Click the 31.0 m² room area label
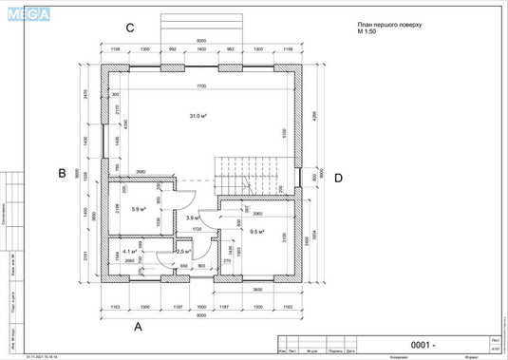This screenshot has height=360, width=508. [x=198, y=116]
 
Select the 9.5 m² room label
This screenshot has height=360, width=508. [x=255, y=231]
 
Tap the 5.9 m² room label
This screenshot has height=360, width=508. [x=139, y=209]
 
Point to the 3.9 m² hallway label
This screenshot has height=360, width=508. [x=191, y=218]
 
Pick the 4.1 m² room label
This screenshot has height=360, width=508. [x=130, y=252]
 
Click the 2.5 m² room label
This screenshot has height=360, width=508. [x=158, y=252]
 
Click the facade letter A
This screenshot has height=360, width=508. [x=139, y=325]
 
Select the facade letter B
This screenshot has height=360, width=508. [x=61, y=173]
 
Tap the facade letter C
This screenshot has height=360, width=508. [x=130, y=28]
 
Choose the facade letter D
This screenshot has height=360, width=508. [x=337, y=177]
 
